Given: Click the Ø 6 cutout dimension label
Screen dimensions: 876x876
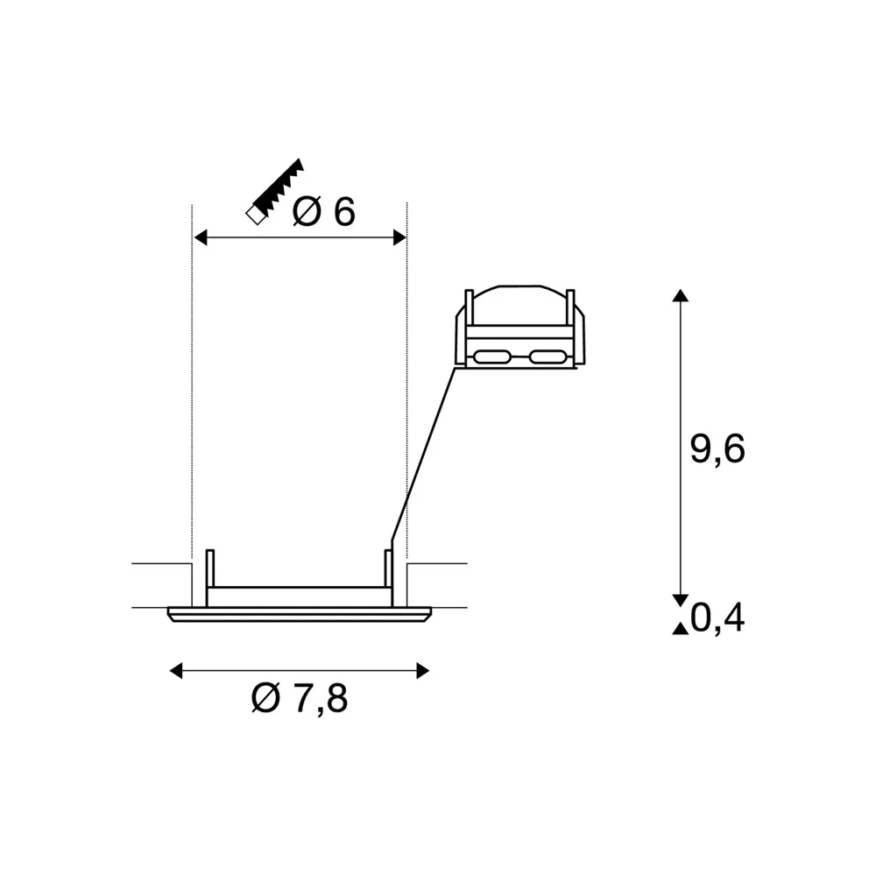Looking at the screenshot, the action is [324, 212].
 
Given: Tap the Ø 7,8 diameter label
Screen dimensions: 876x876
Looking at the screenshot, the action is [300, 698].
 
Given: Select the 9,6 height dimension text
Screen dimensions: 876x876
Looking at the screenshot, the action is [717, 449].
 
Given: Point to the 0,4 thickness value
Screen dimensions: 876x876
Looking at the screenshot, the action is [717, 618].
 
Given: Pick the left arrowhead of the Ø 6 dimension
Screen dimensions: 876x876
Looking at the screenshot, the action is [201, 237].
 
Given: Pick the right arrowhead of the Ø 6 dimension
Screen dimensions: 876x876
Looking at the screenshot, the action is [399, 237].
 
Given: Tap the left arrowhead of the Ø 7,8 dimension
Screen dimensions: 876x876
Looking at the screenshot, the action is [177, 670].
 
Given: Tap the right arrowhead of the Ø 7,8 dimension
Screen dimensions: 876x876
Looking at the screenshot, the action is [423, 670].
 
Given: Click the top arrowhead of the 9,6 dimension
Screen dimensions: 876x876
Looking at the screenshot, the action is [680, 295].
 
